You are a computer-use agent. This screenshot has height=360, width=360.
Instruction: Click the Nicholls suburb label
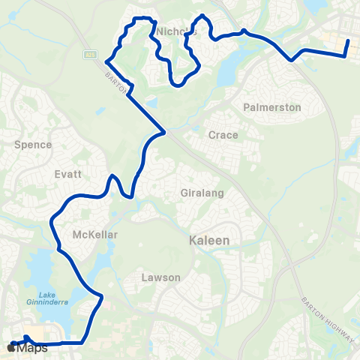pyautogui.click(x=178, y=31)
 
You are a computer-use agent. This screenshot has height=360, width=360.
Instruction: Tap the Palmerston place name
pyautogui.click(x=272, y=107)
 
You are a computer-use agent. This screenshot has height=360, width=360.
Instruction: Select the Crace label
pyautogui.click(x=223, y=136)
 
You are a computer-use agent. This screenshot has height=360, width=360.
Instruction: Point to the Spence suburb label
pyautogui.click(x=33, y=144)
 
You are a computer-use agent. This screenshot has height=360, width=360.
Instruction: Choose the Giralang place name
pyautogui.click(x=202, y=193)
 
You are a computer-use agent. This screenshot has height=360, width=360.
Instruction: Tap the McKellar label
pyautogui.click(x=95, y=235)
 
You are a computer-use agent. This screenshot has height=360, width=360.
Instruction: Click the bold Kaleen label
pyautogui.click(x=209, y=241)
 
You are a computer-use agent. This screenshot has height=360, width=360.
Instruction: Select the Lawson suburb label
pyautogui.click(x=160, y=277)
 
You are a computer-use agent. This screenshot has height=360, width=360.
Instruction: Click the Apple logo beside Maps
pyautogui.click(x=10, y=348)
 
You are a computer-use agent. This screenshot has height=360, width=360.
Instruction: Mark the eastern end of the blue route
pyautogui.click(x=348, y=40)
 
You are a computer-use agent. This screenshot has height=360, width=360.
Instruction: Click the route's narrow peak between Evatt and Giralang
pyautogui.click(x=112, y=177)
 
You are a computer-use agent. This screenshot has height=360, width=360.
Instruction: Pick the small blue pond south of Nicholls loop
pyautogui.click(x=152, y=100)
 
